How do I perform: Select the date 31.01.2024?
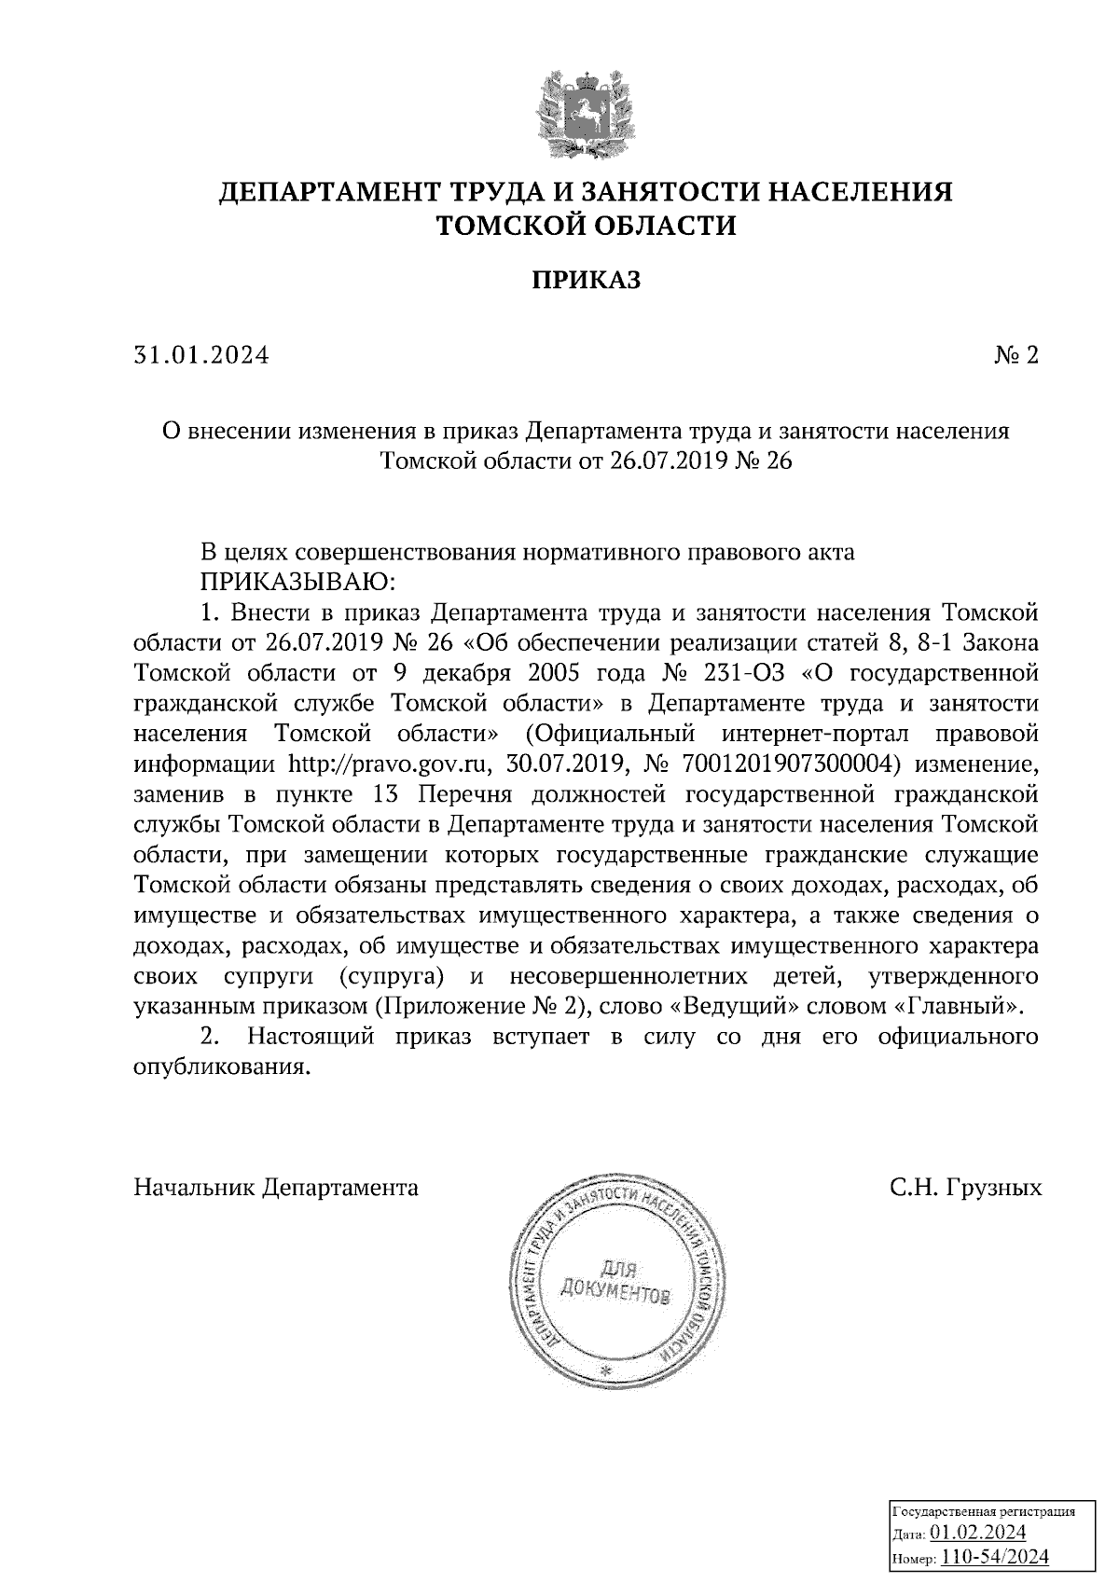(x=201, y=355)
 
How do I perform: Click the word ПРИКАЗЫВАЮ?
(x=298, y=583)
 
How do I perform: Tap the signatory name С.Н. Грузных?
(x=964, y=1188)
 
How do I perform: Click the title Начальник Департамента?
(x=276, y=1188)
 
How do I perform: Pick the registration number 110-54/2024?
(x=995, y=1556)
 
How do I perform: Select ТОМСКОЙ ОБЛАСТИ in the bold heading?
(x=587, y=226)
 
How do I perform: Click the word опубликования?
(x=221, y=1067)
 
